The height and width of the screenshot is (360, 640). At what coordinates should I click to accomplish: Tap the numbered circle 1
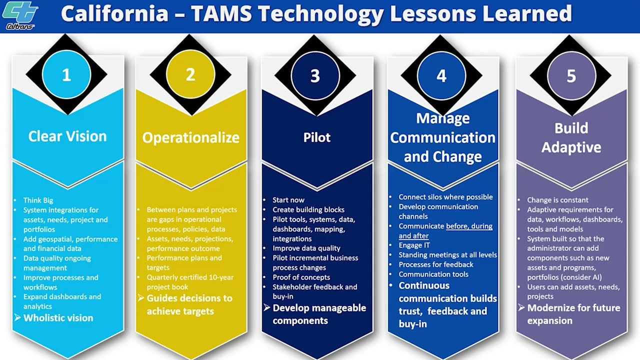click(x=66, y=75)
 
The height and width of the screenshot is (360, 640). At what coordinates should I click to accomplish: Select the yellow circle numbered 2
click(x=190, y=75)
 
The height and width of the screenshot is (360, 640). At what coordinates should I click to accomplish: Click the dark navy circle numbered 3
click(x=315, y=76)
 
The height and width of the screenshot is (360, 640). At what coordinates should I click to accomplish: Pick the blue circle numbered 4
click(x=441, y=76)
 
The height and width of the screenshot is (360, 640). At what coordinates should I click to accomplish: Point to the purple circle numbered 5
click(x=571, y=76)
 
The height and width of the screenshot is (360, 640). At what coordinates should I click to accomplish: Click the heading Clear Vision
click(x=67, y=136)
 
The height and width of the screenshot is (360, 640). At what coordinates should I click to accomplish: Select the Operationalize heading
click(x=191, y=137)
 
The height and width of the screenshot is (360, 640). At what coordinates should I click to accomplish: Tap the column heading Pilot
click(x=317, y=137)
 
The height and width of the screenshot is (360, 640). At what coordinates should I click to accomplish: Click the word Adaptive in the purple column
click(x=571, y=147)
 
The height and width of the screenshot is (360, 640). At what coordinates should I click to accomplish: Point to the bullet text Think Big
click(x=38, y=200)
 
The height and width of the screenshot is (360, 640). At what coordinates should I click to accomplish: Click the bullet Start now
click(x=288, y=200)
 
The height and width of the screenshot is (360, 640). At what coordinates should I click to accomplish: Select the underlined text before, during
click(x=469, y=226)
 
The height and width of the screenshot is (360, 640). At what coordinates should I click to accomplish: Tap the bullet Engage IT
click(x=414, y=245)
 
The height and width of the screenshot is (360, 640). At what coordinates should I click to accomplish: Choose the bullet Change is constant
click(x=557, y=200)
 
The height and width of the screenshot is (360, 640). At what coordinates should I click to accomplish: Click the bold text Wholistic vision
click(x=58, y=318)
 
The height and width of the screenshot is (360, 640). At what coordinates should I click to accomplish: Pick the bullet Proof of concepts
click(x=301, y=277)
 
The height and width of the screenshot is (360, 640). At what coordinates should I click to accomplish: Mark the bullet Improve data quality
click(x=306, y=248)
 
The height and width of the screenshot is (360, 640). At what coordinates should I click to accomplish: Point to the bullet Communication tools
click(x=433, y=274)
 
